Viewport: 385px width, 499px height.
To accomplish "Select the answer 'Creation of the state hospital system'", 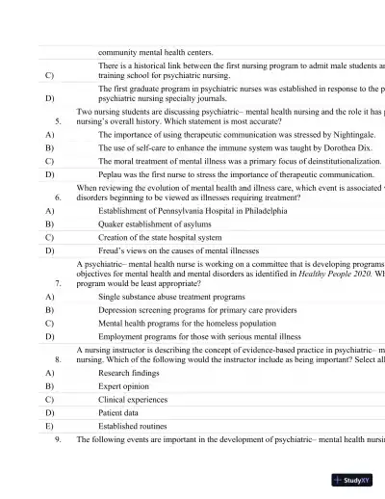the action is tap(160, 236).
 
